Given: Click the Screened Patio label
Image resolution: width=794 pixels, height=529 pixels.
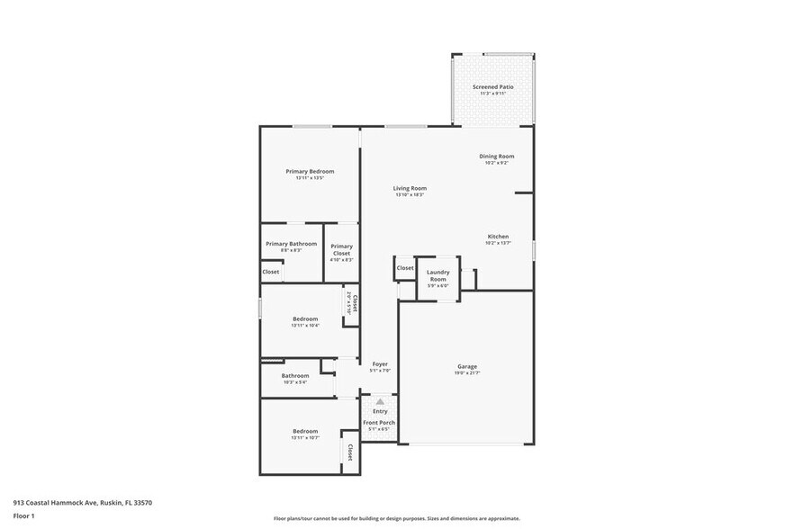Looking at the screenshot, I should [492, 87].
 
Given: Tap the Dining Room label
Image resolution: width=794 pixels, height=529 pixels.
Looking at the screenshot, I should [497, 157].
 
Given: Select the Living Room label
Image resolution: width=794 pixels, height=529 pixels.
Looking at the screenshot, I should [410, 188].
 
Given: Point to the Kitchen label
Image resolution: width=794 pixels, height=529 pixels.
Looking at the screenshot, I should [498, 237].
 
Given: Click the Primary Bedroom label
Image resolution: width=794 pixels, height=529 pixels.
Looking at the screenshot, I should [310, 172].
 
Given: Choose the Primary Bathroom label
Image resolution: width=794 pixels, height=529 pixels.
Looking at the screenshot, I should [291, 244].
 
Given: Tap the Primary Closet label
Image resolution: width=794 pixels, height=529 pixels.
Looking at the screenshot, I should [341, 250].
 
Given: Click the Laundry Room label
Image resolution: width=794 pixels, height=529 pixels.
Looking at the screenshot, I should [438, 275].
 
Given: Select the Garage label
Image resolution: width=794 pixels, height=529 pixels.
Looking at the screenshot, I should [466, 366].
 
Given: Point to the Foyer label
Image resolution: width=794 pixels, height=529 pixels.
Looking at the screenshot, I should [380, 364].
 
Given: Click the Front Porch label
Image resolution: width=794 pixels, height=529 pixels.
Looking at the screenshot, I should [379, 423].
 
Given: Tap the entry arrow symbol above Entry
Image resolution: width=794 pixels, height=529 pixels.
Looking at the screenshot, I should [380, 401].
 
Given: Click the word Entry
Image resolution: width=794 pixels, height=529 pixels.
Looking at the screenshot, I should [380, 411].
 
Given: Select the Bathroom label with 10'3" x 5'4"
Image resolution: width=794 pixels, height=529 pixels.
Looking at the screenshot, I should [295, 376].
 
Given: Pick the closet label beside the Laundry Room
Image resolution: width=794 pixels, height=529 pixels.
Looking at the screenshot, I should [405, 268].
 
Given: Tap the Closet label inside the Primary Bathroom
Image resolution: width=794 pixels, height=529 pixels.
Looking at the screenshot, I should [271, 272].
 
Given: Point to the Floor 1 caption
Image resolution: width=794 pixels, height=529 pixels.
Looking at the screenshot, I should [23, 516].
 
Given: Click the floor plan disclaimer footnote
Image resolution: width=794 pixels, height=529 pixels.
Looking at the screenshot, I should [396, 519].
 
